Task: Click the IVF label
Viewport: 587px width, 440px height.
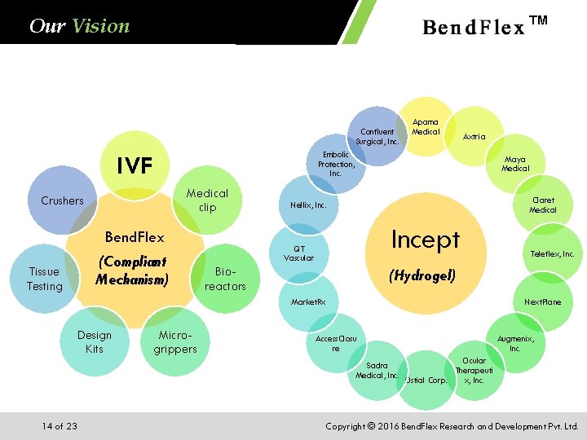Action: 135,166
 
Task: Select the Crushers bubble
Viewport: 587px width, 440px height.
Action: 62,200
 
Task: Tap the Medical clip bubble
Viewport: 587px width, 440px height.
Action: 207,200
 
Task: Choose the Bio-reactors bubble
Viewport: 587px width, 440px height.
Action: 225,279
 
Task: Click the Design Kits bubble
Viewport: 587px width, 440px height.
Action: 95,342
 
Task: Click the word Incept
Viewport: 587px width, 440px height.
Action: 425,240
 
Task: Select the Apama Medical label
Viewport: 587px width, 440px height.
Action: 426,126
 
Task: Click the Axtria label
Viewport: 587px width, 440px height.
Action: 474,137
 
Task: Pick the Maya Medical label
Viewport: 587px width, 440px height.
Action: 514,164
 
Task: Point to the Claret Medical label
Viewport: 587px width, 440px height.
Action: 542,205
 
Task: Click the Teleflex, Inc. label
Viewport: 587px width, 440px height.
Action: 552,254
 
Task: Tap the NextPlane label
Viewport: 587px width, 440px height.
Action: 542,302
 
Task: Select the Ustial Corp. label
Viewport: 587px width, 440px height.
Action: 426,380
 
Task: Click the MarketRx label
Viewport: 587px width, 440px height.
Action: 309,302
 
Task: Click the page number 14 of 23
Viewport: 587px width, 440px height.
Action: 60,426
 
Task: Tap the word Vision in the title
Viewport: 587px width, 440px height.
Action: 100,26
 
